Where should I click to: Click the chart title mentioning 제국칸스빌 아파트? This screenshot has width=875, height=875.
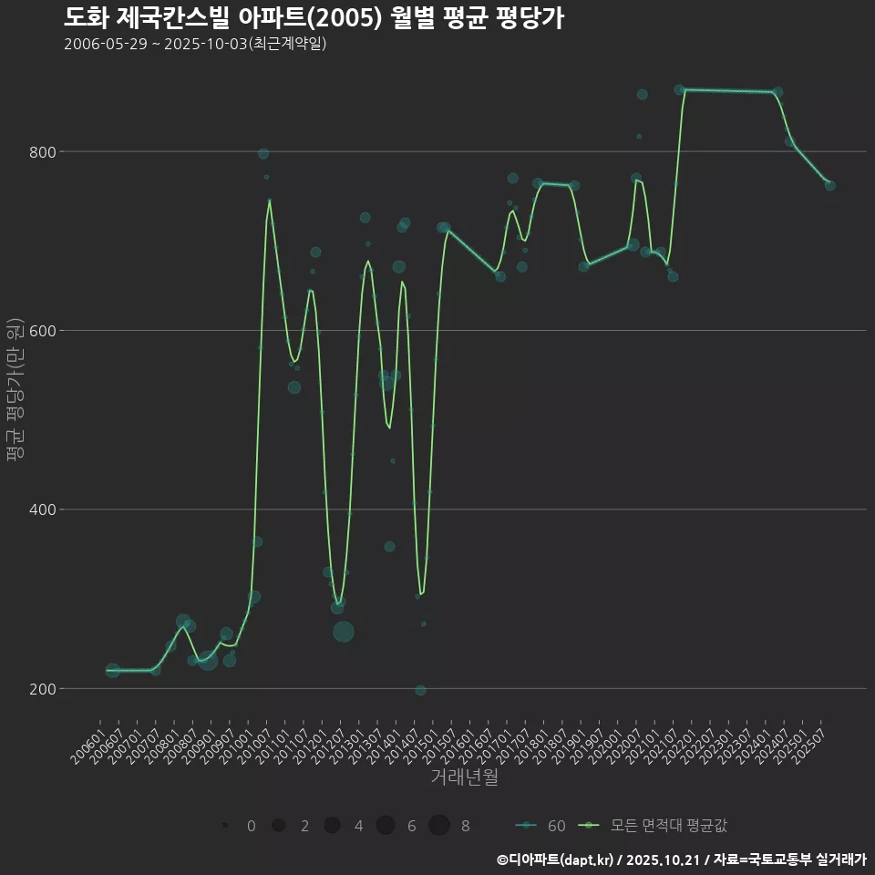(x=314, y=17)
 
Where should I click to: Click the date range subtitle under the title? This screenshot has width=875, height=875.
(x=195, y=45)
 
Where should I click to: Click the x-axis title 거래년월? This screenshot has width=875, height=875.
(x=464, y=777)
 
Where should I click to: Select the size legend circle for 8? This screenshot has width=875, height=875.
(x=439, y=826)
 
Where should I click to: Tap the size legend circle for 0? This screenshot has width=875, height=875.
(x=224, y=826)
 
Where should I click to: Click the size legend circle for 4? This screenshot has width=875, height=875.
(x=332, y=826)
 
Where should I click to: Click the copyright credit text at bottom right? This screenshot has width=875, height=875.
(x=681, y=859)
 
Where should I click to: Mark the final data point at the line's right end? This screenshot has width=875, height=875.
(x=829, y=185)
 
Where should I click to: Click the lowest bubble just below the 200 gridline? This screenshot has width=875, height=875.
(x=420, y=690)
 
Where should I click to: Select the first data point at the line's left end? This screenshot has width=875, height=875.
(x=112, y=671)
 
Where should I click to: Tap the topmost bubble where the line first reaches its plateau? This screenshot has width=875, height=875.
(x=679, y=89)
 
